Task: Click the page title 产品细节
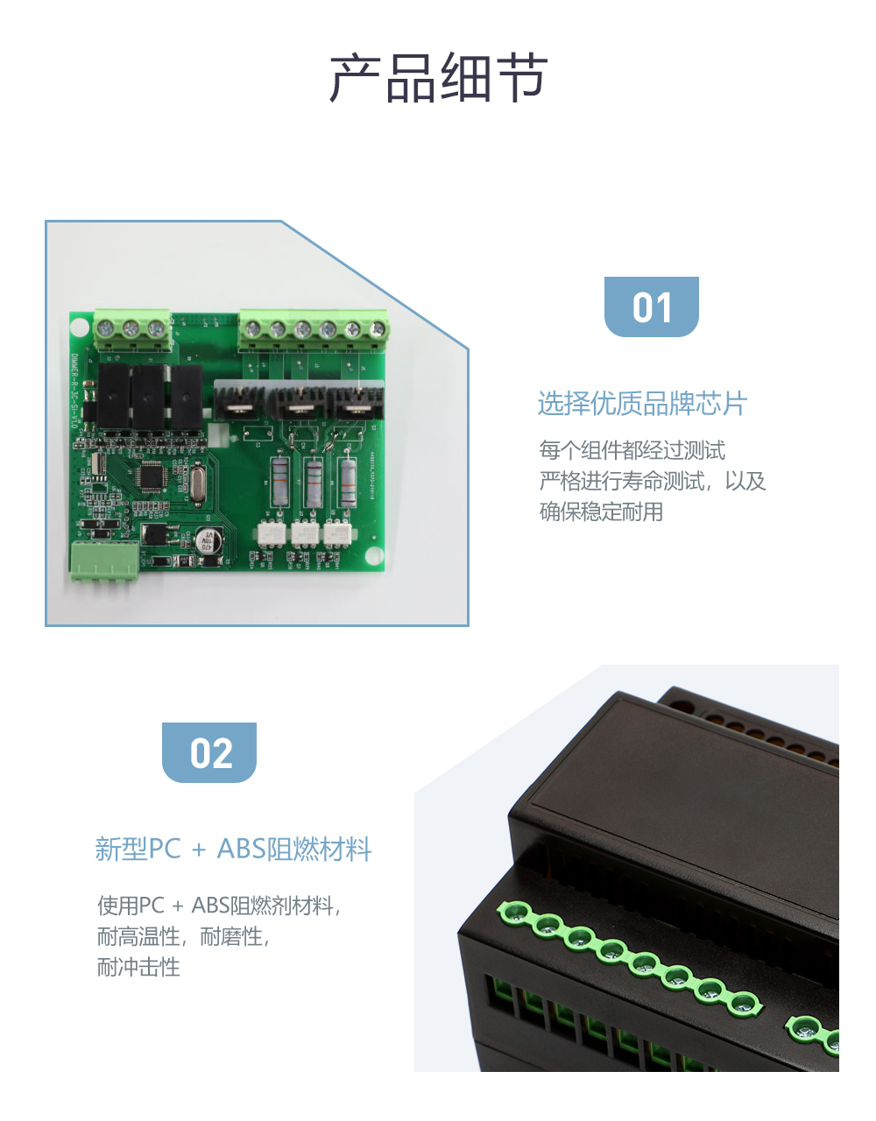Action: coord(438,79)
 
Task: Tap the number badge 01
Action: coord(652,307)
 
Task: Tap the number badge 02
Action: coord(209,753)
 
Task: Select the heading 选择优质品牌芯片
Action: coord(642,404)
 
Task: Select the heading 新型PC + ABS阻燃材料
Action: coord(233,850)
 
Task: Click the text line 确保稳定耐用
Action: coord(601,511)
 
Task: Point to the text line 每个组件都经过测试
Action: coord(632,450)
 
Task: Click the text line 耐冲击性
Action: coord(138,967)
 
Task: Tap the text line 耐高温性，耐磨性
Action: coord(182,936)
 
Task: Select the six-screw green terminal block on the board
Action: coord(314,331)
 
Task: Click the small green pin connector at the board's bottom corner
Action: coord(104,560)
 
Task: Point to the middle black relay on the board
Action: coord(147,398)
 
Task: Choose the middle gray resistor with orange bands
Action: coord(314,481)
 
